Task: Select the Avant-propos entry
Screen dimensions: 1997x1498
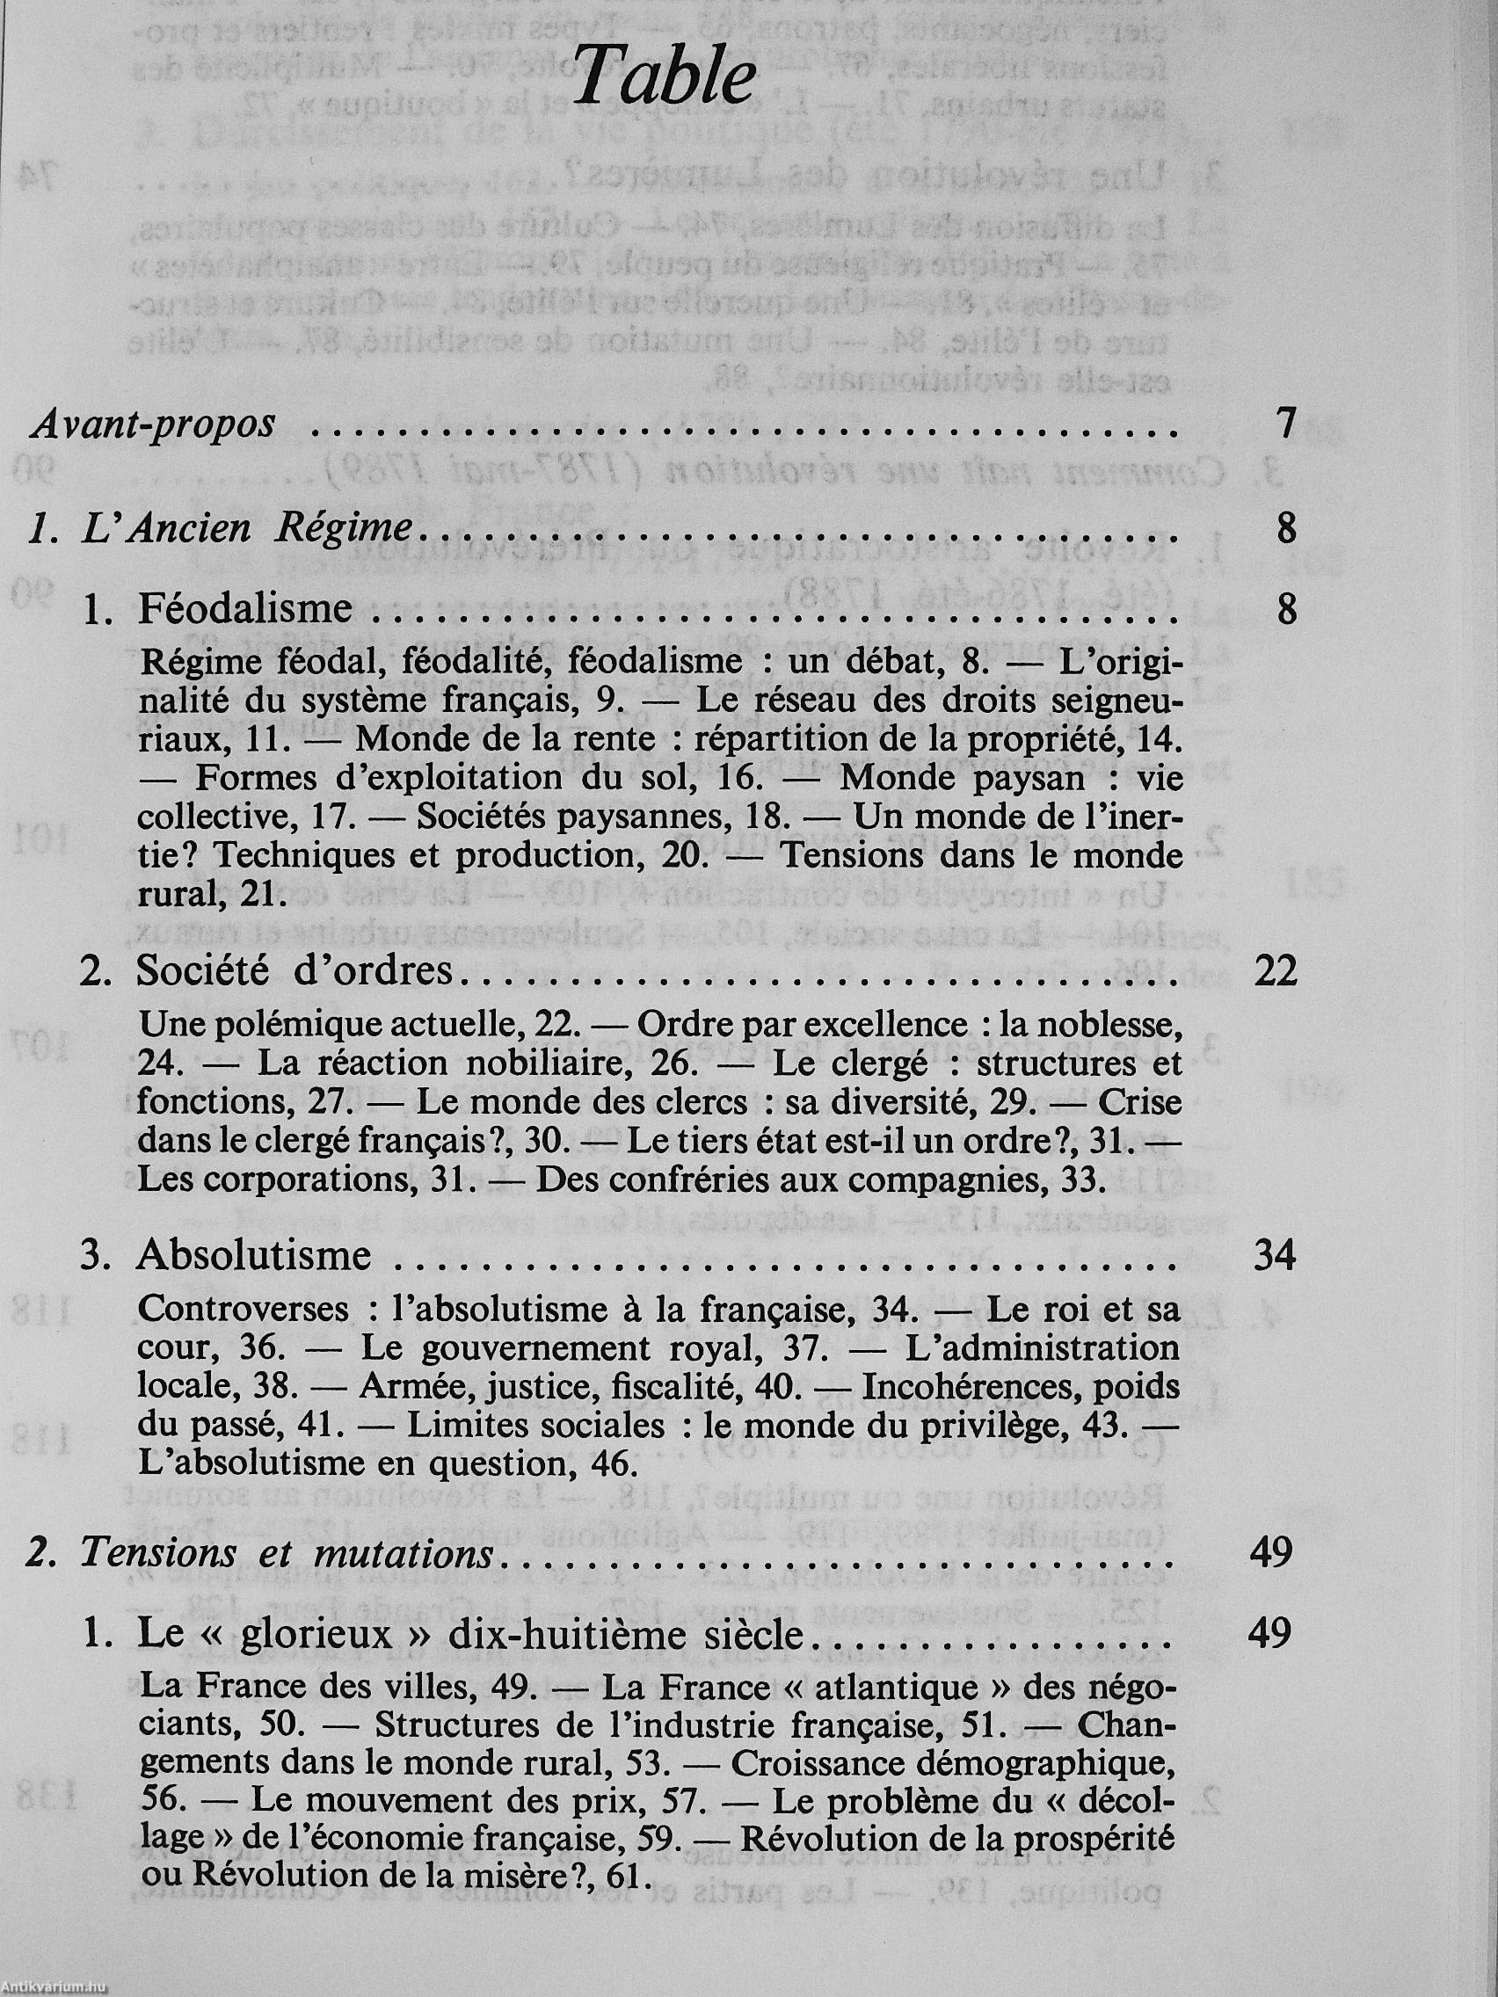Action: pyautogui.click(x=153, y=425)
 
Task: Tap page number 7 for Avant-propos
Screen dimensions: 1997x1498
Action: pyautogui.click(x=1287, y=425)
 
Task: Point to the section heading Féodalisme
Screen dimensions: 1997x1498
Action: pyautogui.click(x=244, y=608)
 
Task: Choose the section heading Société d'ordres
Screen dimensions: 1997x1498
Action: pyautogui.click(x=294, y=971)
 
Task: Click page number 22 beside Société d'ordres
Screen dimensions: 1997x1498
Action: pyautogui.click(x=1275, y=971)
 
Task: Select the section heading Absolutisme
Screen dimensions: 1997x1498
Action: pyautogui.click(x=253, y=1256)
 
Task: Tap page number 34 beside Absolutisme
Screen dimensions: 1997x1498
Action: pyautogui.click(x=1275, y=1256)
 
